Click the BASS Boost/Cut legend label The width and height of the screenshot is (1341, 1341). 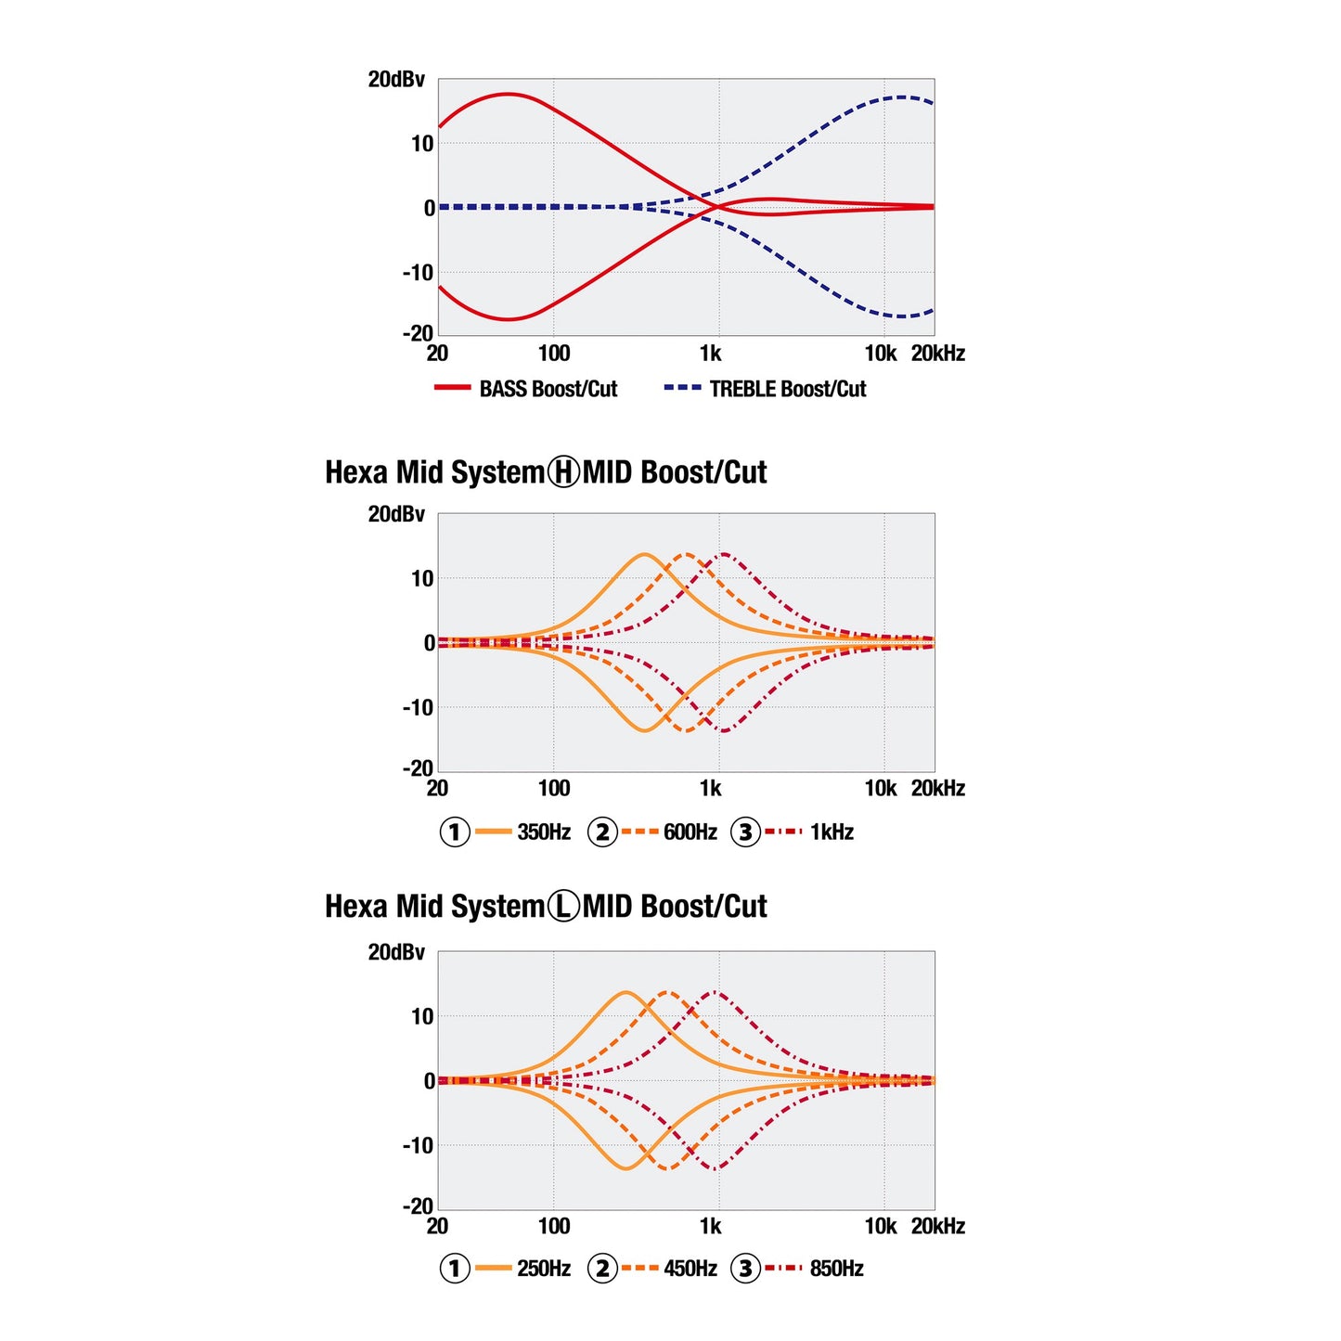click(548, 388)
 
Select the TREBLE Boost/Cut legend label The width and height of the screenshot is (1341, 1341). click(788, 388)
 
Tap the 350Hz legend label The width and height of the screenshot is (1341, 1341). click(544, 832)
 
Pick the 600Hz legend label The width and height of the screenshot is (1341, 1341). click(690, 832)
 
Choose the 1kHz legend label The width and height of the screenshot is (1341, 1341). click(832, 832)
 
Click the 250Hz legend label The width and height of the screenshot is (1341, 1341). click(544, 1268)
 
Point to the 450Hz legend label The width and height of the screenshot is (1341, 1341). click(690, 1268)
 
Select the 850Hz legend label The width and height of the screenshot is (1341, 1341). click(836, 1268)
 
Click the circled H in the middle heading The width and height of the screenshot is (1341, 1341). click(563, 472)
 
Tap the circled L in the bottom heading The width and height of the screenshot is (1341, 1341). click(563, 906)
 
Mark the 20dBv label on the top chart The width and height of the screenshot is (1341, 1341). click(396, 79)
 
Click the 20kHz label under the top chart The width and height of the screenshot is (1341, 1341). click(938, 354)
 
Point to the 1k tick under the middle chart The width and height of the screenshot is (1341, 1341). click(711, 789)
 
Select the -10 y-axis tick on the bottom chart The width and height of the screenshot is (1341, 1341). click(418, 1145)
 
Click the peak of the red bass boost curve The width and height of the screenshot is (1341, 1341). click(509, 93)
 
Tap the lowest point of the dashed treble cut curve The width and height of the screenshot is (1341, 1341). click(902, 316)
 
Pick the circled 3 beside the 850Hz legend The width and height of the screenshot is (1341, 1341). click(745, 1268)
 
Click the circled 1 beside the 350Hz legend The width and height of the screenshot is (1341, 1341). click(455, 832)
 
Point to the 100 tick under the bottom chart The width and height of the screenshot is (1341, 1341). click(554, 1226)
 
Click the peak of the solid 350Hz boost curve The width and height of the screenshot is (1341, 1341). click(644, 554)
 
